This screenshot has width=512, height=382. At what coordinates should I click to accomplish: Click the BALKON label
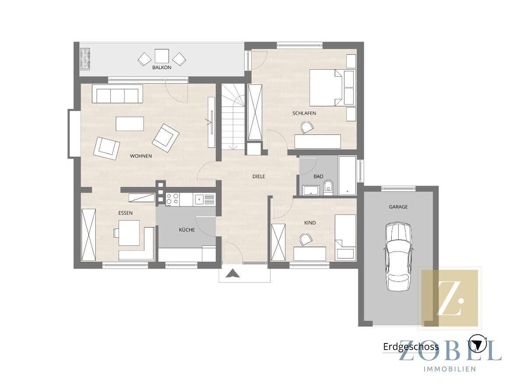[161, 67]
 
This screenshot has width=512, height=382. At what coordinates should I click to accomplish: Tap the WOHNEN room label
[141, 156]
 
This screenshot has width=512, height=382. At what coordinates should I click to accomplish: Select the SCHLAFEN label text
[304, 113]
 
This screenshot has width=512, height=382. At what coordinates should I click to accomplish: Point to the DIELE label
[259, 176]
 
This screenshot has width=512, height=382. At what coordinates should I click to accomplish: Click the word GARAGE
[398, 207]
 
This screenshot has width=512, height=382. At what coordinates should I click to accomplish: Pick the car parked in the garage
[398, 256]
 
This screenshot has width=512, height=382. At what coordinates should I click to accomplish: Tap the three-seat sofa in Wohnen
[117, 94]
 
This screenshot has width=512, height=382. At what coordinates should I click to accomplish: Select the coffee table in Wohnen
[130, 124]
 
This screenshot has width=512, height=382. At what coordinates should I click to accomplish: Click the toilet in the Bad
[328, 187]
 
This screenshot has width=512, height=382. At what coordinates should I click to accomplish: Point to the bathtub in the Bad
[347, 175]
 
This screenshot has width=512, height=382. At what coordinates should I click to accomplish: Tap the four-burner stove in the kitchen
[172, 199]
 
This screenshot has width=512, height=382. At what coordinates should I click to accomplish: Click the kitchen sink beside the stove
[199, 199]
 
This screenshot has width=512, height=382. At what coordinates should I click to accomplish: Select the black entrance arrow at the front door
[232, 273]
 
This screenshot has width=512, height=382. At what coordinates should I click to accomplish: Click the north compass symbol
[478, 344]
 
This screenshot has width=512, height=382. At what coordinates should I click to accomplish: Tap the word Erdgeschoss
[411, 347]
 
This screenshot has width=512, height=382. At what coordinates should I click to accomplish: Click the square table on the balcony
[161, 56]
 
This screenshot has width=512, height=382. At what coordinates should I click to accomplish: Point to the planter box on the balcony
[85, 59]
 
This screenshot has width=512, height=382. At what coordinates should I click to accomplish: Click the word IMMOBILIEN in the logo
[449, 369]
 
